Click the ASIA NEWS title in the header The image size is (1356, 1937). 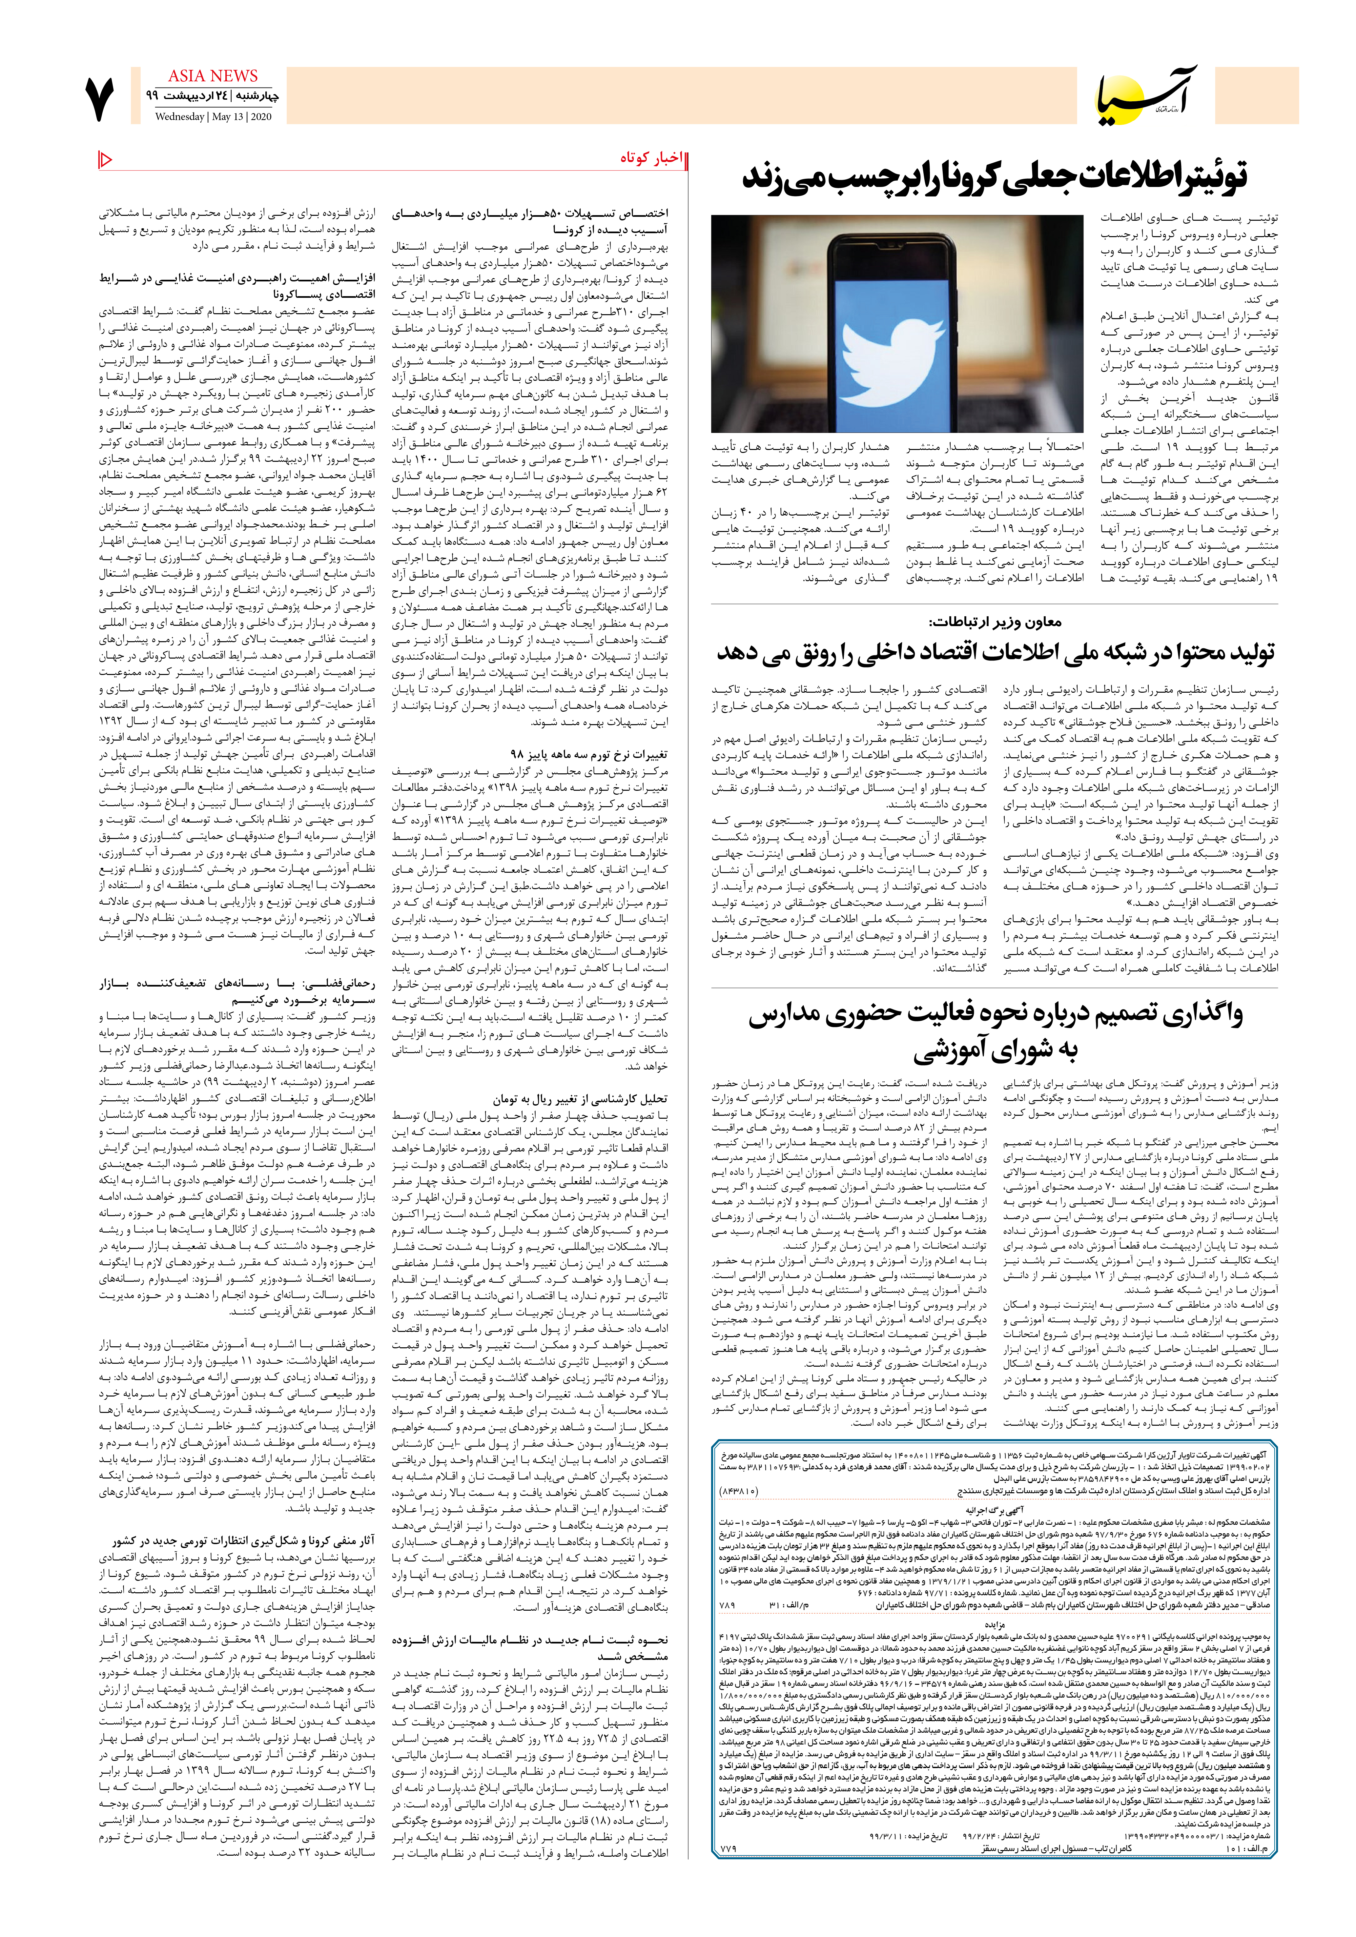[x=213, y=76]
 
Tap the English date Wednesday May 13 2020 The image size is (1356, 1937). [x=213, y=116]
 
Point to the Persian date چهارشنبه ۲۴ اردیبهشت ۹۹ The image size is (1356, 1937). [x=213, y=96]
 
